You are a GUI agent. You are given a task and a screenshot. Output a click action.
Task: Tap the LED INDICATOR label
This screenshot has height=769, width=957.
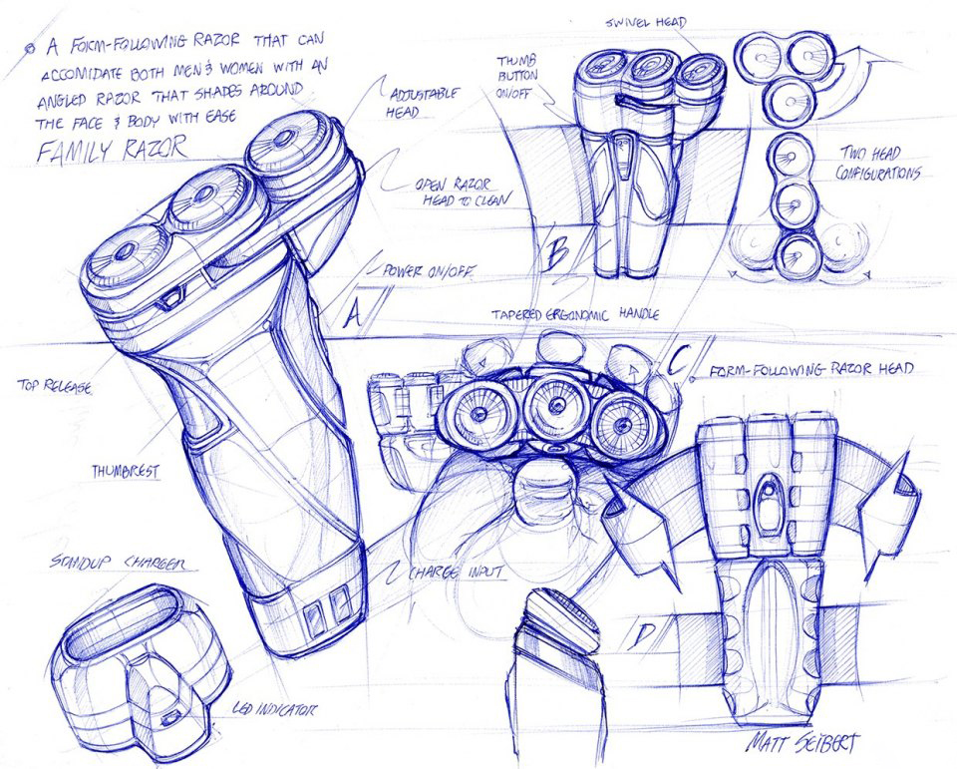pos(275,709)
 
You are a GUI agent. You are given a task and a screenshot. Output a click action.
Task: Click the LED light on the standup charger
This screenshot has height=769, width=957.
pos(170,717)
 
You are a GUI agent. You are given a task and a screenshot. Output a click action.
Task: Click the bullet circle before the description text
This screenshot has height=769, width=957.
pos(28,47)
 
